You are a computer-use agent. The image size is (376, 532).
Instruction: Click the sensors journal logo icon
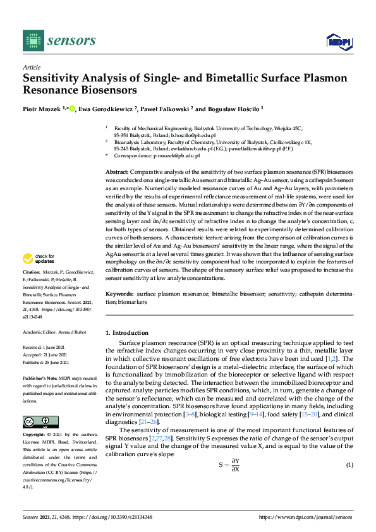(30, 41)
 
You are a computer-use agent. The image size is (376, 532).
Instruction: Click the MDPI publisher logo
(338, 42)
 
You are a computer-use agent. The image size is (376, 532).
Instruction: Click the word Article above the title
(31, 66)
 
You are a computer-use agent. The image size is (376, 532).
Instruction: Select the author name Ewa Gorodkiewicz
(107, 109)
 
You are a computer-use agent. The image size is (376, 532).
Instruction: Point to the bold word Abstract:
(117, 172)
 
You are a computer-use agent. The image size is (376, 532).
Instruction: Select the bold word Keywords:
(119, 294)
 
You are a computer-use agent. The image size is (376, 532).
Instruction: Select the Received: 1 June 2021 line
(46, 347)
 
